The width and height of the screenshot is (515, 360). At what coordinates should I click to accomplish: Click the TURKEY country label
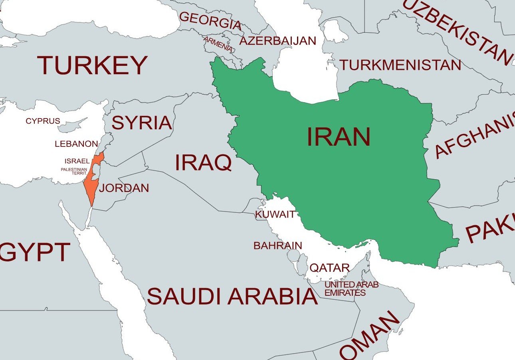coord(92,65)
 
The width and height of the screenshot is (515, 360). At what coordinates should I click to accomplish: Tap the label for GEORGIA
coord(210,21)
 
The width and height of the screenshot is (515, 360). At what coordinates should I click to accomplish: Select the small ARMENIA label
coord(218,44)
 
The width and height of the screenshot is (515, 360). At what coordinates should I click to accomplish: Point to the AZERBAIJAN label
coord(277,41)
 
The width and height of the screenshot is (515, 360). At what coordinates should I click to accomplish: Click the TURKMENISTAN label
coord(400,65)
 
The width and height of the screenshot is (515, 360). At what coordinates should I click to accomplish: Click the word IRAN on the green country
coord(339,137)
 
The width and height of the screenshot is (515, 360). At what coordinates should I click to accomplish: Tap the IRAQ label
coord(203,162)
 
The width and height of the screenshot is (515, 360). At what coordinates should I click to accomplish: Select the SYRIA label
coord(142,123)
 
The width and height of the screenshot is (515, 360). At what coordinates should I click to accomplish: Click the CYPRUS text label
coord(43,121)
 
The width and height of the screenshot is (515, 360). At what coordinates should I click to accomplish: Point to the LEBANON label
coord(76,144)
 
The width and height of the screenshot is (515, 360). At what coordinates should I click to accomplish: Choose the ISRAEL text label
coord(77,161)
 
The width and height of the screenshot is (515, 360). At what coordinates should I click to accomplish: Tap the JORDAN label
coord(124,188)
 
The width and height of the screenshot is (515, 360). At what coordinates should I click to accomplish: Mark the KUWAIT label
coord(275,214)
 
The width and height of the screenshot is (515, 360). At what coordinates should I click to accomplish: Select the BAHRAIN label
coord(278,245)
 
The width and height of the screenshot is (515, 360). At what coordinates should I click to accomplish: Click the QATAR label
coord(330,268)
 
